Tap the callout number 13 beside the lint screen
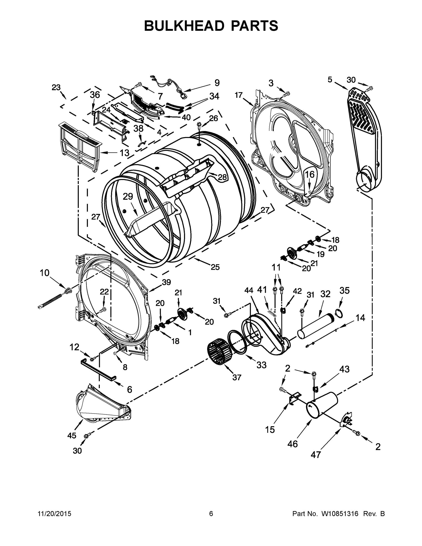[x=124, y=152]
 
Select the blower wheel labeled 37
[x=219, y=355]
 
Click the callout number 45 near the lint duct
[x=72, y=435]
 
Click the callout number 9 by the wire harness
[x=217, y=83]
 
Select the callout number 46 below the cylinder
[x=293, y=444]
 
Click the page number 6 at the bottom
[x=211, y=513]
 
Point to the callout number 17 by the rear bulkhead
[x=238, y=95]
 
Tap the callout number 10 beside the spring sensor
[x=45, y=273]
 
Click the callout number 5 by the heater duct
[x=330, y=80]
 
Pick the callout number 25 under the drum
[x=215, y=267]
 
